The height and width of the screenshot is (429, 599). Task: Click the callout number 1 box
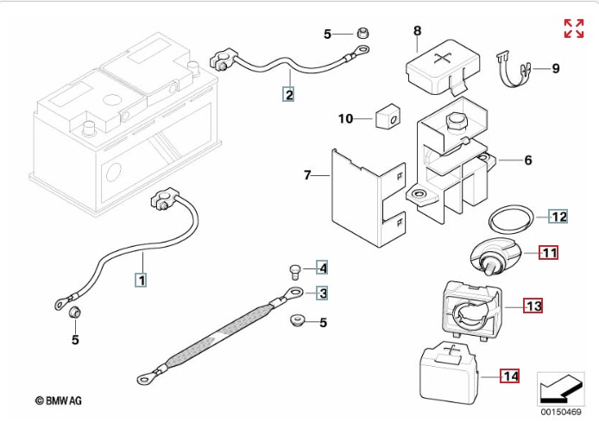142,280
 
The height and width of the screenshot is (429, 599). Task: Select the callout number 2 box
288,94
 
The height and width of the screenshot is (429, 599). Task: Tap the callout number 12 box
558,217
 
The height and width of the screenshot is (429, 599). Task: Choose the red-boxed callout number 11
549,253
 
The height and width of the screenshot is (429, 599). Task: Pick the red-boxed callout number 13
533,306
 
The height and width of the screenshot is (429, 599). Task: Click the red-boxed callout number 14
510,376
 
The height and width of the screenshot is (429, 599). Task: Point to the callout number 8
417,30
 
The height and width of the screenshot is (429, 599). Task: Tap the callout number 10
346,118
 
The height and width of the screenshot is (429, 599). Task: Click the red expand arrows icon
574,28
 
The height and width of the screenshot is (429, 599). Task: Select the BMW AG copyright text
59,401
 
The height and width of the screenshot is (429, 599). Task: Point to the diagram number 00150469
561,413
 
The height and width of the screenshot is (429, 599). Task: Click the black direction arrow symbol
561,388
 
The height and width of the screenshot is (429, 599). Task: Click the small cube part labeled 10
388,117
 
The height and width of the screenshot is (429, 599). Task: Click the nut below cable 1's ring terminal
74,312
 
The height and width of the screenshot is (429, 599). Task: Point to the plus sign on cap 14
452,350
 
